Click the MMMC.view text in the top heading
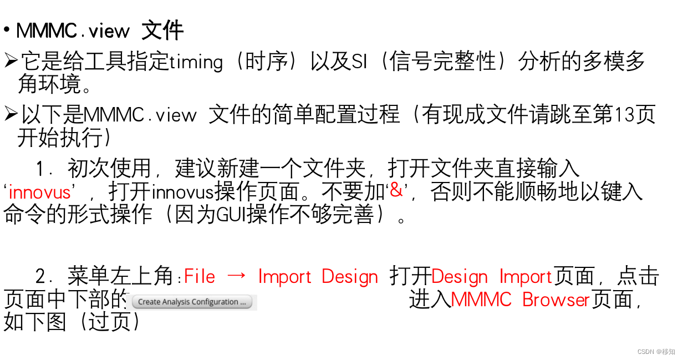(73, 31)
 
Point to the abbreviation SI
(359, 62)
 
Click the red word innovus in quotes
(39, 192)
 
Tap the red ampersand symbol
(396, 190)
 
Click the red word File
(200, 276)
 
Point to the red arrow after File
(237, 276)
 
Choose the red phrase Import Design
(318, 276)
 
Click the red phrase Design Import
(492, 276)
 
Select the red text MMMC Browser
(520, 300)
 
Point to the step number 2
(40, 276)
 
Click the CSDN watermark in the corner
(656, 352)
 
